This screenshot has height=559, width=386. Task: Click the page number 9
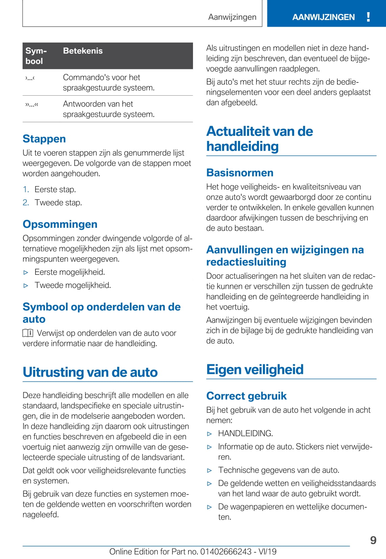(x=373, y=540)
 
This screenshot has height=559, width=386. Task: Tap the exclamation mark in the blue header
(x=368, y=17)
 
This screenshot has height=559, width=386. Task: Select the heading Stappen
(x=44, y=139)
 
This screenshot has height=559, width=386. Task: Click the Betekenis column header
(x=83, y=51)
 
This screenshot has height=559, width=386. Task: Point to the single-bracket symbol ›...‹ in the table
(x=30, y=78)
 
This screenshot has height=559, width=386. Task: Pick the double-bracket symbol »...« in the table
(x=31, y=105)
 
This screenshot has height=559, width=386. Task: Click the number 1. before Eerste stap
(x=26, y=189)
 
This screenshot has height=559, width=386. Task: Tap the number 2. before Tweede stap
(x=26, y=202)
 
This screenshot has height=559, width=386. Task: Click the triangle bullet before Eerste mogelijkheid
(x=26, y=272)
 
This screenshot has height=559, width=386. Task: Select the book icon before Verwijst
(x=28, y=333)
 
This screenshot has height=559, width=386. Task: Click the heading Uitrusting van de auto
(x=90, y=372)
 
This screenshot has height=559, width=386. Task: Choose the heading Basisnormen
(x=240, y=173)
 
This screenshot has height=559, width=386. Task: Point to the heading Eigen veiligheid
(x=255, y=369)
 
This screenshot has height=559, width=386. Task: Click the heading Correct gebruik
(x=246, y=396)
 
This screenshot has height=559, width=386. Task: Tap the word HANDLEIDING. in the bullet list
(x=245, y=433)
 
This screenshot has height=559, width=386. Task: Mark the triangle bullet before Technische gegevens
(x=210, y=470)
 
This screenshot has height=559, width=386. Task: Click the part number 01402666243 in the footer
(x=226, y=552)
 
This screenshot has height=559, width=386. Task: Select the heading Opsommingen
(x=60, y=224)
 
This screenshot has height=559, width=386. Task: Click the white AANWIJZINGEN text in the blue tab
(x=323, y=17)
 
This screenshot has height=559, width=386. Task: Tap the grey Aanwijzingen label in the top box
(x=232, y=17)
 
